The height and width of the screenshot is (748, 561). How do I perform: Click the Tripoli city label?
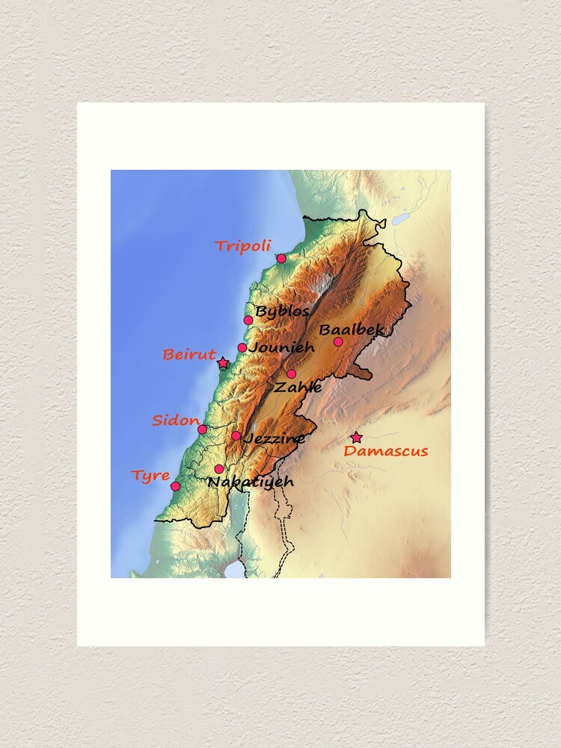pos(242,246)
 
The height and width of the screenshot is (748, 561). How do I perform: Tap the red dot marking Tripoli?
pos(281,258)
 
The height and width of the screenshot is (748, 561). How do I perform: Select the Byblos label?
pos(282,311)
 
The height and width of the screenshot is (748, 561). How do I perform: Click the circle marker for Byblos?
pos(248,320)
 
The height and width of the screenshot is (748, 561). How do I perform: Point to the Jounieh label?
pos(282,347)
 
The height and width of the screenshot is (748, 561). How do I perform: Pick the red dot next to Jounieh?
pos(242,348)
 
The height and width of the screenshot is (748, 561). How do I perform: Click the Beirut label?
pos(189,355)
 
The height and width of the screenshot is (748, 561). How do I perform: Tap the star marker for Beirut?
pos(223,363)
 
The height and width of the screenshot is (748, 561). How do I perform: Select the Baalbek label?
pos(352,329)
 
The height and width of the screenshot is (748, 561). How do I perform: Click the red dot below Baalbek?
pos(338,342)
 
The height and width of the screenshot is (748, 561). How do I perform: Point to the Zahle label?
pos(298,387)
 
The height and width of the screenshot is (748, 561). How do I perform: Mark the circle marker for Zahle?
pos(291,374)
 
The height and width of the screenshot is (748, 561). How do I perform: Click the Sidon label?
pos(176,420)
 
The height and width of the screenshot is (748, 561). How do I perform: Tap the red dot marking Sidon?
pos(202,429)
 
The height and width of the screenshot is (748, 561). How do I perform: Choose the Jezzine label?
pos(275,438)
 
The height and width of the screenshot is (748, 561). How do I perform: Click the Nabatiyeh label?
pos(251,482)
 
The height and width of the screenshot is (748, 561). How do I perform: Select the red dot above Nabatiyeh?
pos(219,469)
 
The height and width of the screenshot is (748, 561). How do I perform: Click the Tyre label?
pos(150,476)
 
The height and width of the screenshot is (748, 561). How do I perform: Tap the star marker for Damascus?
pos(356,438)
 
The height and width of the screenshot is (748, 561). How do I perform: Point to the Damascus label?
pos(386,451)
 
